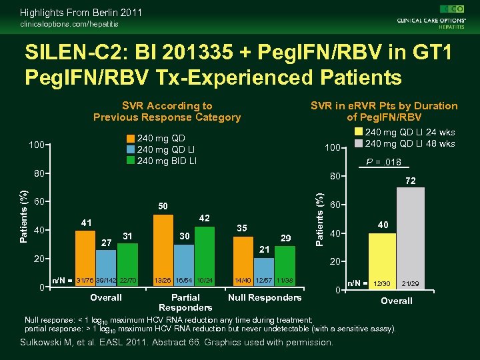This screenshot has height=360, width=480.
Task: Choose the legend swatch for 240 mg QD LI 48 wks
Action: [x=359, y=143]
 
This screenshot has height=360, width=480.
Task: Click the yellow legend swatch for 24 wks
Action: [x=359, y=133]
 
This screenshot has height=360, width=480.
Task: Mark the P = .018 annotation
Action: [x=383, y=161]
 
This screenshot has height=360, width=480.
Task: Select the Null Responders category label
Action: [x=265, y=297]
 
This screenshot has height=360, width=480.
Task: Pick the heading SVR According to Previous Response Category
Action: [x=167, y=111]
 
